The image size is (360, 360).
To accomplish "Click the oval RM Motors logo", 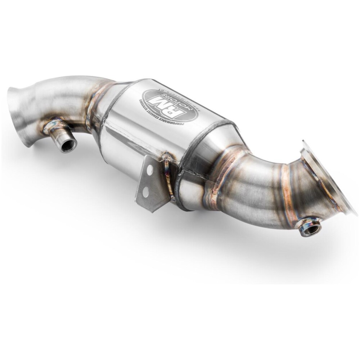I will [170, 106].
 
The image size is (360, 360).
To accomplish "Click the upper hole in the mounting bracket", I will [150, 170].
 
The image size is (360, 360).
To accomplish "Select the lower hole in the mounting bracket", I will [146, 192].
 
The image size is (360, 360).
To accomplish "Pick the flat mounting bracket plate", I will [151, 184].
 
